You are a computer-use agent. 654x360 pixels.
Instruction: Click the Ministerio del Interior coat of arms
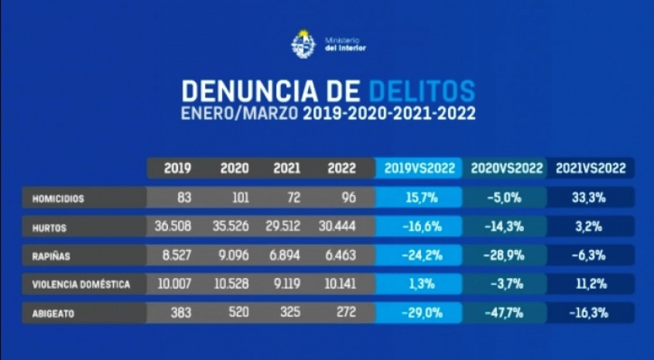pos(303,43)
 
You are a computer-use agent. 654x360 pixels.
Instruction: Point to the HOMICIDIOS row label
pos(57,198)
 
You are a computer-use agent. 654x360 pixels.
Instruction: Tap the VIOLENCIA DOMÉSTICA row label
pos(80,285)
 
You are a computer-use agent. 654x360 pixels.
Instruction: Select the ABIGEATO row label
pos(53,314)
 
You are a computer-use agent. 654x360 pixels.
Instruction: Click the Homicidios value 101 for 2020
pos(240,197)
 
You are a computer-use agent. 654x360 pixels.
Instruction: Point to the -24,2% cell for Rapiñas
pos(419,255)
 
